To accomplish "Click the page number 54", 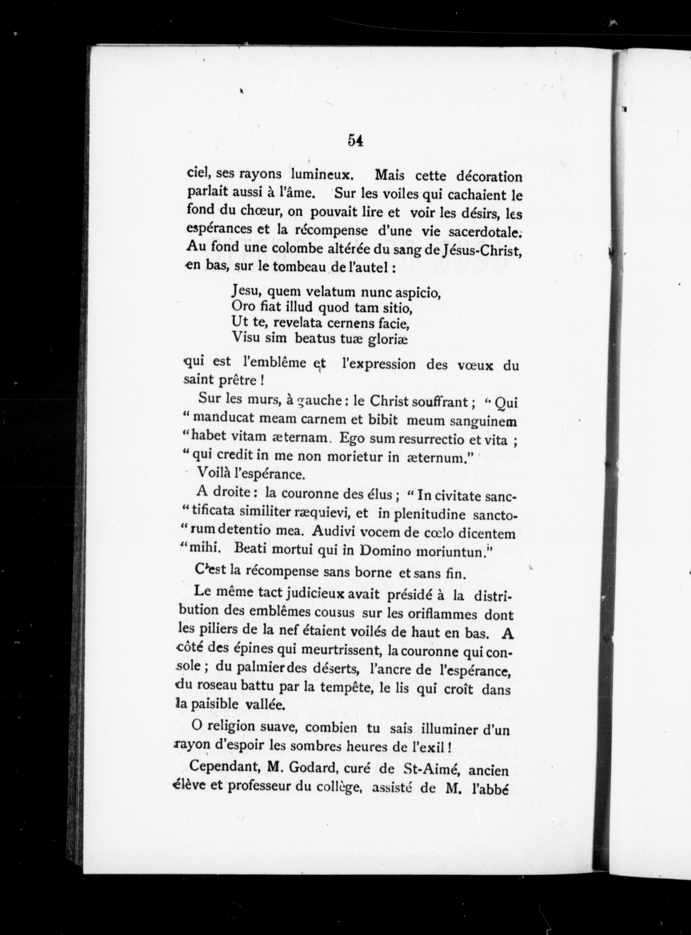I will coord(355,141).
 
